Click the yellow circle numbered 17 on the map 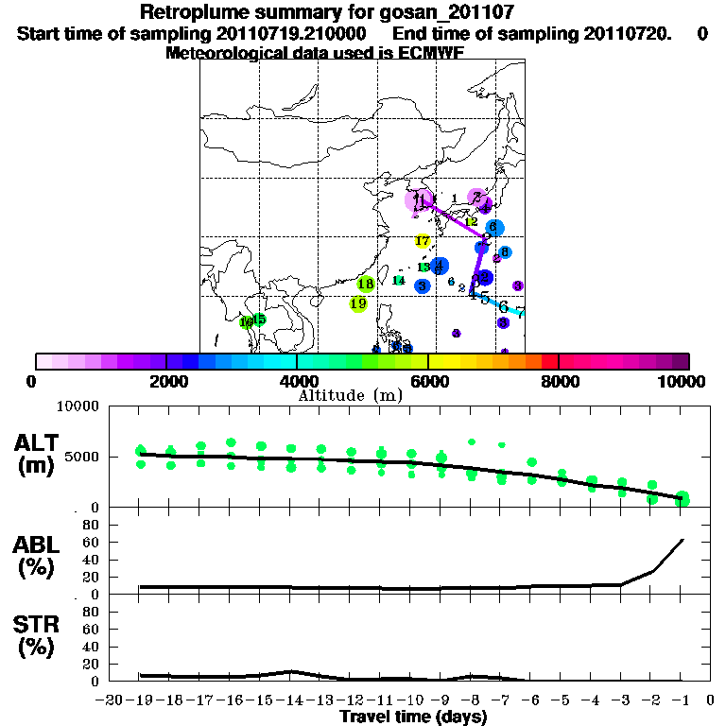pos(423,241)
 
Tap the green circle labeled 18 pos(367,284)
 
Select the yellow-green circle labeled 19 pos(358,303)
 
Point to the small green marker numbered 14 pos(399,280)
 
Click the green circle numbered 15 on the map pos(259,320)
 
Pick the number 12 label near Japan pos(471,221)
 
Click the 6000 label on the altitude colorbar pos(428,381)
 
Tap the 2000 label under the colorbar pos(166,381)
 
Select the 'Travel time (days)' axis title pos(413,717)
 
